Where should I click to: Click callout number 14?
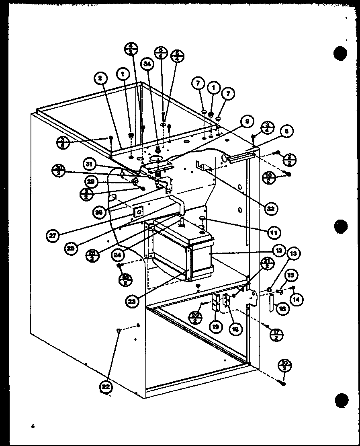pyautogui.click(x=298, y=299)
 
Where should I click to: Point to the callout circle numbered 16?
pyautogui.click(x=283, y=309)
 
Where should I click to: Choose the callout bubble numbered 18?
pyautogui.click(x=234, y=328)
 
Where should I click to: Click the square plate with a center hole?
pyautogui.click(x=139, y=211)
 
